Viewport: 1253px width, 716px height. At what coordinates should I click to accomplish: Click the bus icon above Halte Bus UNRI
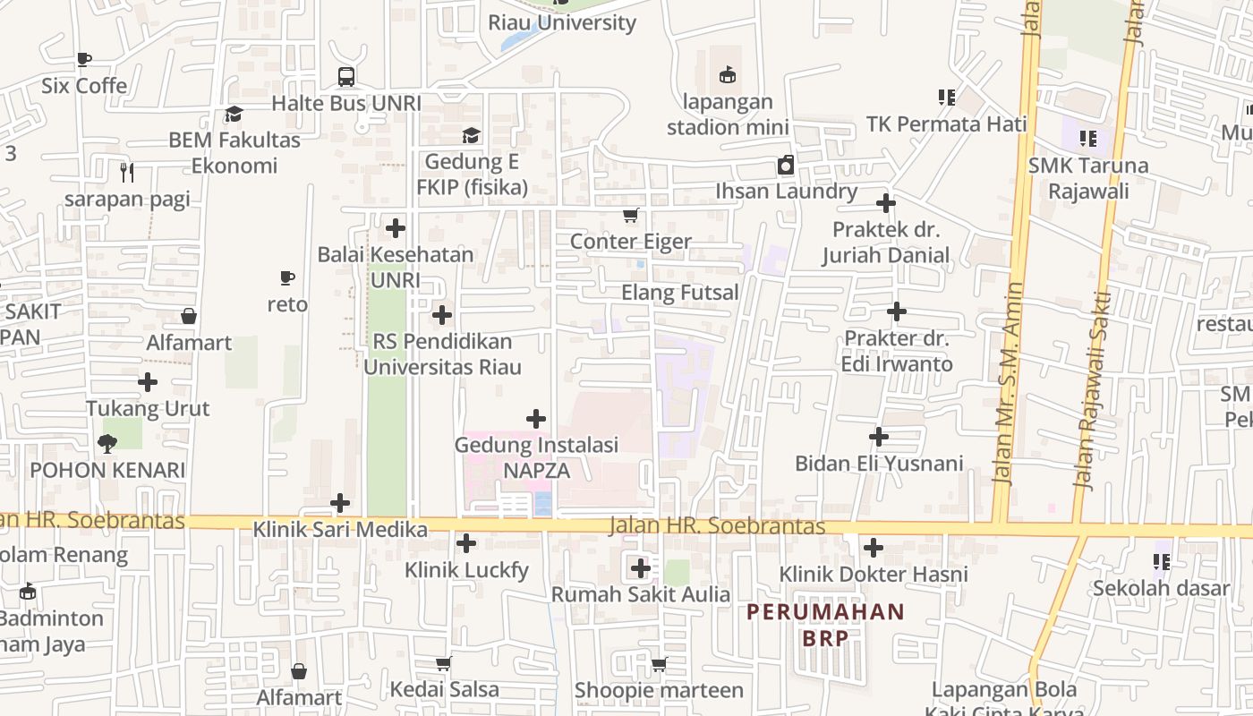346,77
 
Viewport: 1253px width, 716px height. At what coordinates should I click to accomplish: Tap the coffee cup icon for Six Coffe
84,59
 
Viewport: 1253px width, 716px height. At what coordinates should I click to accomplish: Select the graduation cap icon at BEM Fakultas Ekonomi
234,114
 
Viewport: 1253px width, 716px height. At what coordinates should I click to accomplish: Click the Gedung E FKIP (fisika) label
472,175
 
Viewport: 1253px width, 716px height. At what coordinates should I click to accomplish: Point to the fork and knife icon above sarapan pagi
127,172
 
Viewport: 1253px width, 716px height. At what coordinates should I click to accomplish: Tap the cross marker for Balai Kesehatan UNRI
396,228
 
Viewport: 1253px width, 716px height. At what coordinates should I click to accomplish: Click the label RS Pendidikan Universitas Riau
442,354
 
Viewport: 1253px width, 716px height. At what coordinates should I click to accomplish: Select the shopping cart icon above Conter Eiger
631,215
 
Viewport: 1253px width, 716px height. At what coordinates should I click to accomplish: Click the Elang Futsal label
680,293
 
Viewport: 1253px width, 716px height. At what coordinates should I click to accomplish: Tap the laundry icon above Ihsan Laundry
785,165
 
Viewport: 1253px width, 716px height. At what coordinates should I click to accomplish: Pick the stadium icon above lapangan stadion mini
727,75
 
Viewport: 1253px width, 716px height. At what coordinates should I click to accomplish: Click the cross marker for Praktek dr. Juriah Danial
886,203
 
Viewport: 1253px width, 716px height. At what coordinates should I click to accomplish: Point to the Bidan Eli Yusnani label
879,464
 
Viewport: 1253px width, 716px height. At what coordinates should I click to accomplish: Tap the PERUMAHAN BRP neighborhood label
825,625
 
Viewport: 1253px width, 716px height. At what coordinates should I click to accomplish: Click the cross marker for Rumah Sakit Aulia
640,567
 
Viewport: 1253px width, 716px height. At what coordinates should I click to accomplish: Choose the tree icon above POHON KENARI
107,443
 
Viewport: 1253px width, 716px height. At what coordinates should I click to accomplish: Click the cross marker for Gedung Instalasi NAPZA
536,418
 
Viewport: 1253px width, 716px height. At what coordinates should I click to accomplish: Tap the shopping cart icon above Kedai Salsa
443,663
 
